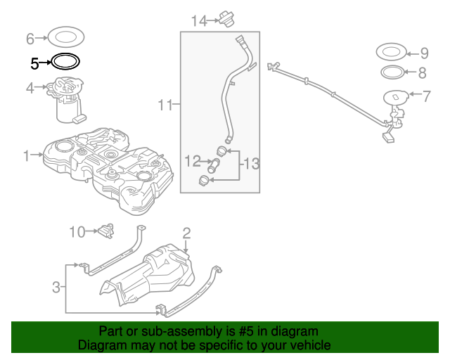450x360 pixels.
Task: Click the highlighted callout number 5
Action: pos(34,63)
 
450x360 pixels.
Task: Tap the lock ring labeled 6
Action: pos(67,36)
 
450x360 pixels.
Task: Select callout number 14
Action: pos(198,21)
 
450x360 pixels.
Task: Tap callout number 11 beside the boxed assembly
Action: pos(165,105)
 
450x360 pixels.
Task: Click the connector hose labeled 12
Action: pos(214,167)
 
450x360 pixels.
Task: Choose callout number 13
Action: pos(251,165)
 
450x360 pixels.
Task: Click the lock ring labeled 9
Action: pos(392,52)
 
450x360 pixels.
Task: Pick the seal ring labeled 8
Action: pos(392,72)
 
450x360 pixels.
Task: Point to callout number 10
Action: pos(77,231)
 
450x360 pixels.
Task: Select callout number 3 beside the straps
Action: pos(56,287)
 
